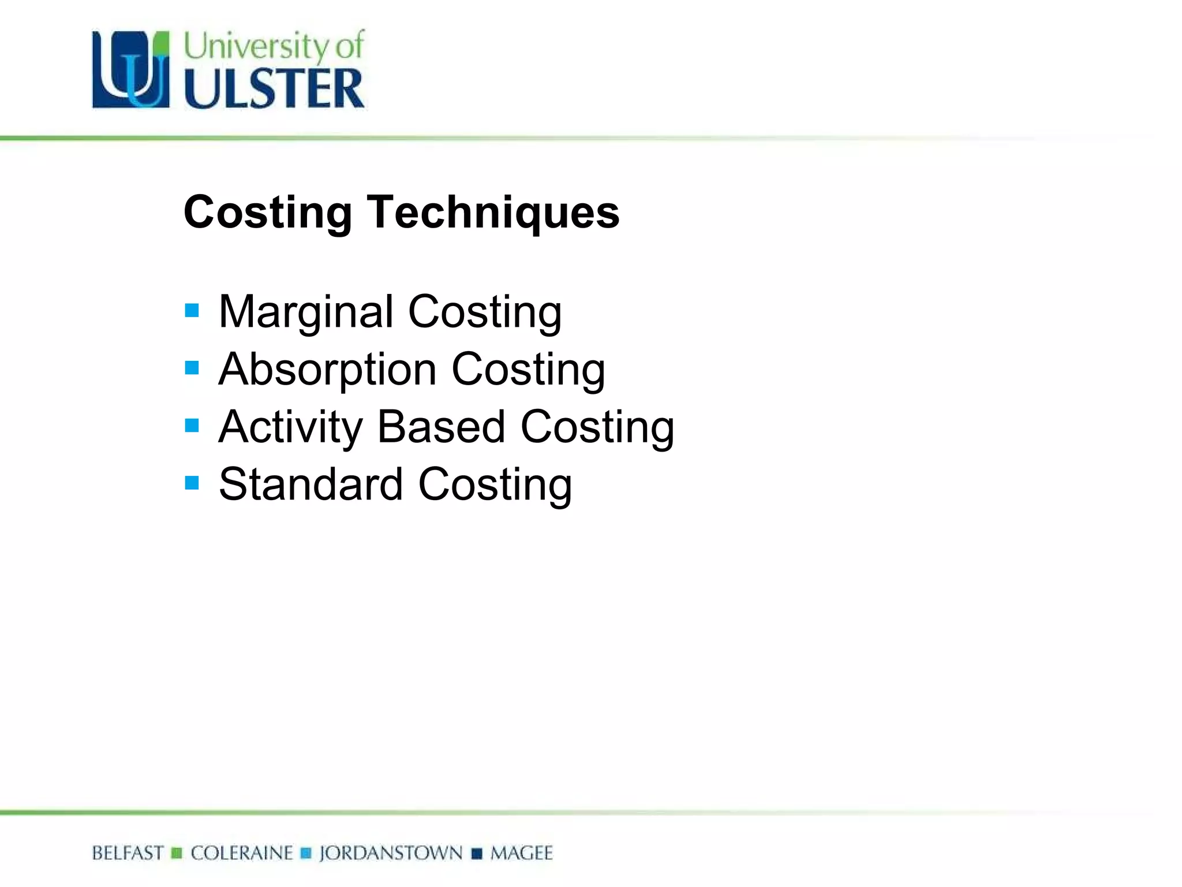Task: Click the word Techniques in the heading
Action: tap(493, 213)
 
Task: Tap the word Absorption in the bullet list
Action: tap(327, 370)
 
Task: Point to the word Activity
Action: tap(290, 427)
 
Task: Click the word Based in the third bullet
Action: tap(441, 427)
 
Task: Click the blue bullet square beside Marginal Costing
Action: tap(192, 311)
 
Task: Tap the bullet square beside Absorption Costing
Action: tap(192, 368)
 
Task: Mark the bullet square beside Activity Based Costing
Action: tap(192, 426)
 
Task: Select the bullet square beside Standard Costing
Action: tap(192, 483)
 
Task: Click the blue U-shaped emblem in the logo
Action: tap(131, 69)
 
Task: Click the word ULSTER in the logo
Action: tap(274, 88)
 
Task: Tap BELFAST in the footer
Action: tap(128, 853)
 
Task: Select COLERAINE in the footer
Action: tap(242, 853)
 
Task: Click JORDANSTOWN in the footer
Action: tap(391, 853)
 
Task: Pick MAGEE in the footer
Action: tap(522, 853)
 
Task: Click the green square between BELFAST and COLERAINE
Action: tap(177, 854)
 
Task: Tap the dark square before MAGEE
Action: tap(477, 854)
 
